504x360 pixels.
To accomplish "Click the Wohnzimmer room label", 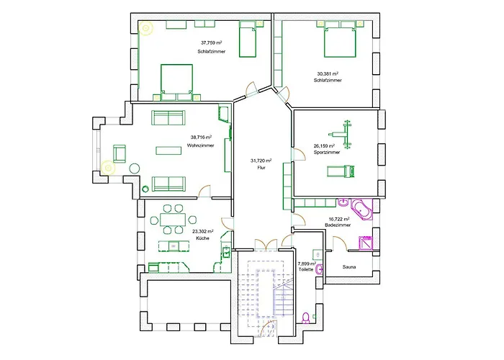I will point(197,145).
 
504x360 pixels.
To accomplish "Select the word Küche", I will point(202,238).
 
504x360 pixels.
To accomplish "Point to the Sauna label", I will point(349,266).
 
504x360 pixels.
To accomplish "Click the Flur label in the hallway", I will point(260,167).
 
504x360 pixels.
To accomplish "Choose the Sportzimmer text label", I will point(327,153).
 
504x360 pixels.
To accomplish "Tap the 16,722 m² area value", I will point(339,218).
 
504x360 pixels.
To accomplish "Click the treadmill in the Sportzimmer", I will point(341,171).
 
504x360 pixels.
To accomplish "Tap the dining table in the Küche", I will point(173,219).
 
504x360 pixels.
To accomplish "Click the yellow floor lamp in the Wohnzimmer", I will point(109,168).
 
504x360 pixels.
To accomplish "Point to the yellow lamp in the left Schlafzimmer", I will point(147,29).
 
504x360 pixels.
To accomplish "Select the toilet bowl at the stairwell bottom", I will point(307,317).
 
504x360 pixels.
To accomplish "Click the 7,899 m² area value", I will point(306,264).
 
